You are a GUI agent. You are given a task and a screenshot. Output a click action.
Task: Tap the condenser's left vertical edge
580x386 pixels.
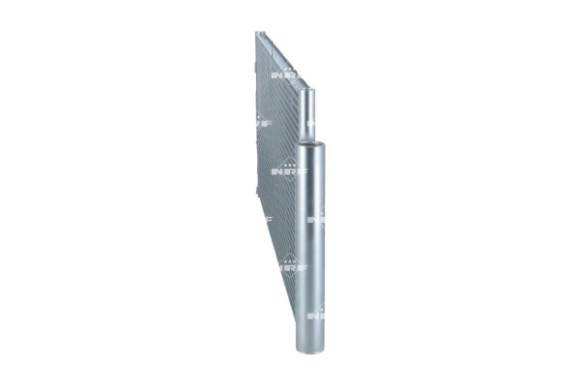(x=255, y=145)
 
